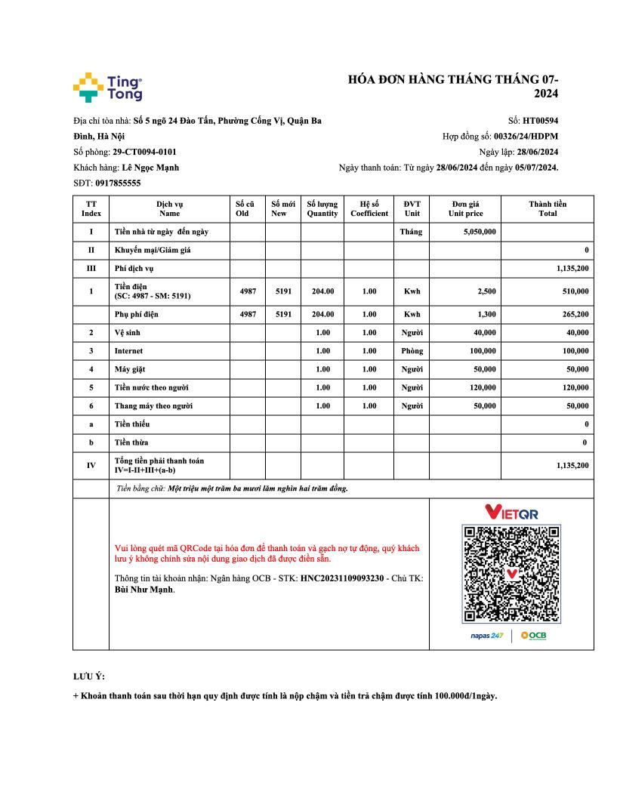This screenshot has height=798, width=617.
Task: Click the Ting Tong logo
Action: [x=107, y=88]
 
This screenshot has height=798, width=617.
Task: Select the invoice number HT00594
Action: [x=540, y=120]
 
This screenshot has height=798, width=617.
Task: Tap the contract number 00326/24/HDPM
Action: [x=526, y=137]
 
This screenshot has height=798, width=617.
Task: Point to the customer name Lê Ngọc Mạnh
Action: [x=150, y=168]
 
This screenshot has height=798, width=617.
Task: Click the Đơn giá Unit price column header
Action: [x=465, y=208]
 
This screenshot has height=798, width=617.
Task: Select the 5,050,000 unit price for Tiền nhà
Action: [x=480, y=232]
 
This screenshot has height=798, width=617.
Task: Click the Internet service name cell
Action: [x=128, y=351]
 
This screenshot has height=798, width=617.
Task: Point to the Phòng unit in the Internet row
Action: [x=412, y=351]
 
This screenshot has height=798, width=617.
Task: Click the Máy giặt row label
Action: [x=130, y=369]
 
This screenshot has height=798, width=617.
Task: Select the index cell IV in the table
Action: [x=91, y=465]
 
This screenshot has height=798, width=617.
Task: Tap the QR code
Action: [x=511, y=574]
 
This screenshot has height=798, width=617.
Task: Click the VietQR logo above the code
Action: [x=511, y=513]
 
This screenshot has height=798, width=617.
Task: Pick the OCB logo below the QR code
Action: [x=533, y=636]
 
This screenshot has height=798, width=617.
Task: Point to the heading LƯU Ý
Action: [x=83, y=676]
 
